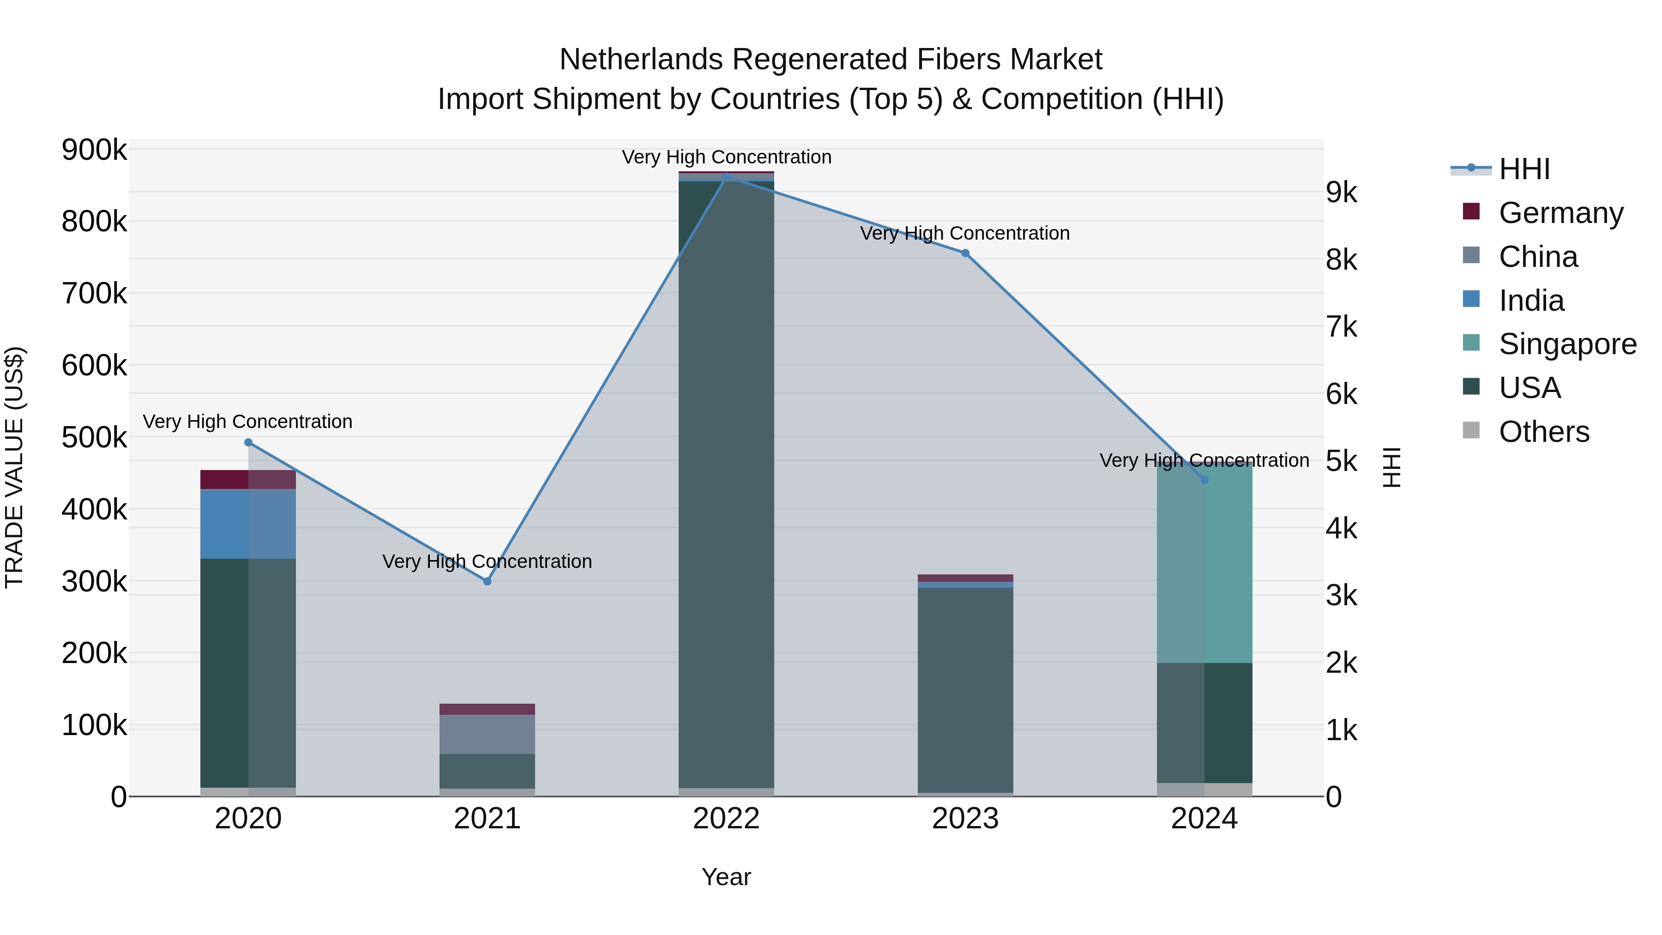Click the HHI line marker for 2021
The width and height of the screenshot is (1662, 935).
[487, 581]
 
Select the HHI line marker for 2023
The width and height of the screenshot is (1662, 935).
[965, 253]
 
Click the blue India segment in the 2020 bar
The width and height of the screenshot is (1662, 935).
[248, 524]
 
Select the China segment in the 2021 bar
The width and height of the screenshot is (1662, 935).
[487, 734]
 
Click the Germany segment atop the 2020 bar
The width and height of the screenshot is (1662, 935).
[248, 479]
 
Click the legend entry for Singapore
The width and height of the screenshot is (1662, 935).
[1566, 344]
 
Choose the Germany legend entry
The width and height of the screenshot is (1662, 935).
[1560, 213]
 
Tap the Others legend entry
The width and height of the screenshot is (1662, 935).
[1543, 432]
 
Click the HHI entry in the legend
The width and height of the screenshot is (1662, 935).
[1523, 169]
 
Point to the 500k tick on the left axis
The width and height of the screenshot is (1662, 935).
[94, 438]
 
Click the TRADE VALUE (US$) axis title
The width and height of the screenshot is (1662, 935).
[14, 467]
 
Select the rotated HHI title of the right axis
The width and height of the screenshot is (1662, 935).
[1393, 467]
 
